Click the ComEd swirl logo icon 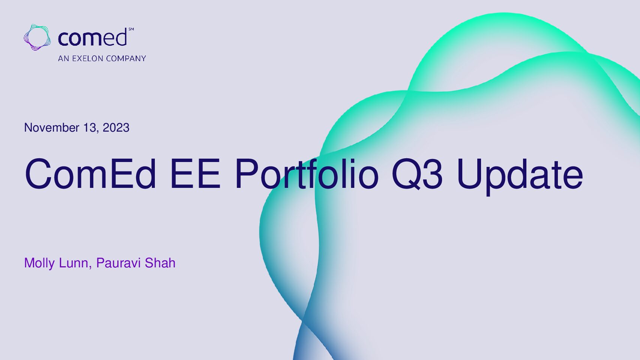pos(37,37)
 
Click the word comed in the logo pos(92,37)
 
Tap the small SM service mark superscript pos(131,29)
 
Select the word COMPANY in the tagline pos(126,58)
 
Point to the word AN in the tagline pos(64,58)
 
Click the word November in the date pos(52,127)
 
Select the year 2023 pos(116,127)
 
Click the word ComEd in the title pos(90,174)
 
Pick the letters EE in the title pos(195,174)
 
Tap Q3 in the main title pos(417,174)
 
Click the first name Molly pos(39,263)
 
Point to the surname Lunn pos(74,263)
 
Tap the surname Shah pos(160,263)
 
